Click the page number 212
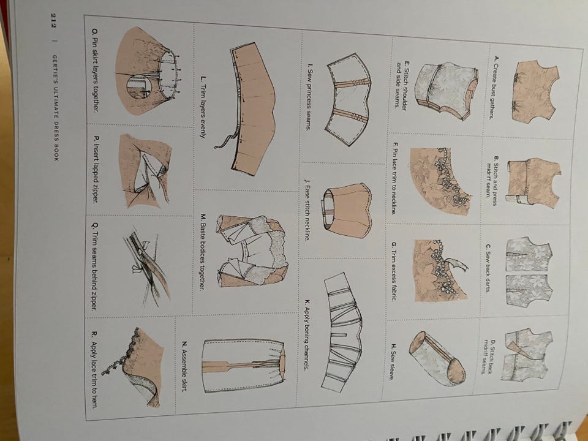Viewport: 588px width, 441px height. point(54,21)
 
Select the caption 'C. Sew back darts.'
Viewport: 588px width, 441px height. point(488,268)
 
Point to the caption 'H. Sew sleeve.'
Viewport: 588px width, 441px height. point(394,362)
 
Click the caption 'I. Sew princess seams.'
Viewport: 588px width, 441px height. point(309,97)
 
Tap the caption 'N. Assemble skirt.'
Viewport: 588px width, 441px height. point(184,367)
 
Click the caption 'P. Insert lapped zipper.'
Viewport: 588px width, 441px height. point(96,169)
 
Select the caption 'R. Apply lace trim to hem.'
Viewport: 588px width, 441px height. point(94,369)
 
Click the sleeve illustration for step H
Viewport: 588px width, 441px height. point(437,358)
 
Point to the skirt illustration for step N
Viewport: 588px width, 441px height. point(244,366)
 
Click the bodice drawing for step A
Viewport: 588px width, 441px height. point(535,91)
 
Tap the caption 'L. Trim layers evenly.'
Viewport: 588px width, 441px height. point(203,107)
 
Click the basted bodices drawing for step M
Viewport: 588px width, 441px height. point(252,251)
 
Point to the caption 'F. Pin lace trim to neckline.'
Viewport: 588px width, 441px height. point(394,178)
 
